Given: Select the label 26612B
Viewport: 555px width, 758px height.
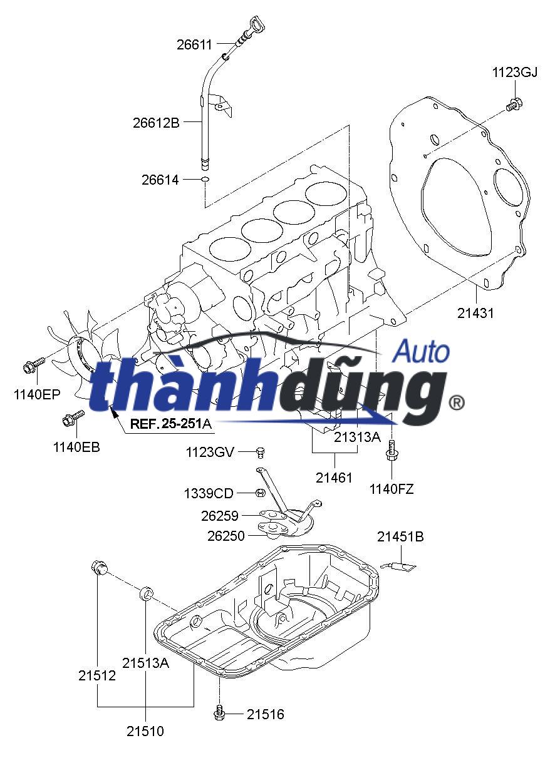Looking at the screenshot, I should (156, 123).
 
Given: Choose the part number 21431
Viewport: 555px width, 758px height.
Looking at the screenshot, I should (475, 313).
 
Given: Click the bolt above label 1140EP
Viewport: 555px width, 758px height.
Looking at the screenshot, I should (34, 364).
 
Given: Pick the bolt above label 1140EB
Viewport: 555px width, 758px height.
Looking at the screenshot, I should (73, 417).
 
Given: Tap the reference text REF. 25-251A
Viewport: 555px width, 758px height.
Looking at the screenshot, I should (170, 424).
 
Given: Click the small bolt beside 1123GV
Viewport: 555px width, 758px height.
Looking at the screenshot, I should (262, 451).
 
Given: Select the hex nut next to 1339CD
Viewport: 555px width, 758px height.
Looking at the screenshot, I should (259, 493).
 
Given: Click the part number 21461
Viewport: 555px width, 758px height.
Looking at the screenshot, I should (335, 478).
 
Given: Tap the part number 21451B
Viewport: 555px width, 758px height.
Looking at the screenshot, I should (400, 537).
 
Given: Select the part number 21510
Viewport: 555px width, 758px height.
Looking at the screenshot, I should (145, 730).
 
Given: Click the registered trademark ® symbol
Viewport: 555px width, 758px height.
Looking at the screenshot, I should (457, 402).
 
